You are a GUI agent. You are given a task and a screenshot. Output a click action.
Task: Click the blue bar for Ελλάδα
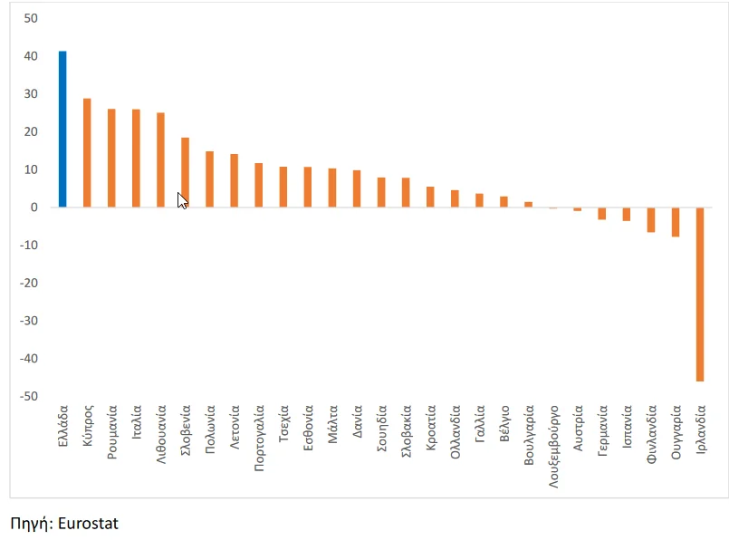tap(62, 129)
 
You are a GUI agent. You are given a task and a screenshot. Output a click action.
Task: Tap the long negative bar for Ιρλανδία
tap(700, 294)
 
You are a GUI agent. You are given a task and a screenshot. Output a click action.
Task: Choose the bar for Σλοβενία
tap(185, 172)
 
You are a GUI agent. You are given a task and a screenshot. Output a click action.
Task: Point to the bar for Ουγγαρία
tap(676, 222)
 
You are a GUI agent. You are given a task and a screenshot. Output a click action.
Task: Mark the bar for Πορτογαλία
tap(258, 185)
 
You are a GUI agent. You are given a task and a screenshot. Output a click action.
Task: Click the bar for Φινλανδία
tap(651, 219)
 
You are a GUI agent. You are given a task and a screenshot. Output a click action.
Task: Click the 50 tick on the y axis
tap(32, 18)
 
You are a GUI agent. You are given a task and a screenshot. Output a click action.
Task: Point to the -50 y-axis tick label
tap(30, 397)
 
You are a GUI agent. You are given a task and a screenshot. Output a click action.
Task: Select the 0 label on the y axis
tap(34, 207)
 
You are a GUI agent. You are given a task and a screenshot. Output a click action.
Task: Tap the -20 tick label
tap(30, 284)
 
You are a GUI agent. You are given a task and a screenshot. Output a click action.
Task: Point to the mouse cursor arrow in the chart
tap(181, 200)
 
